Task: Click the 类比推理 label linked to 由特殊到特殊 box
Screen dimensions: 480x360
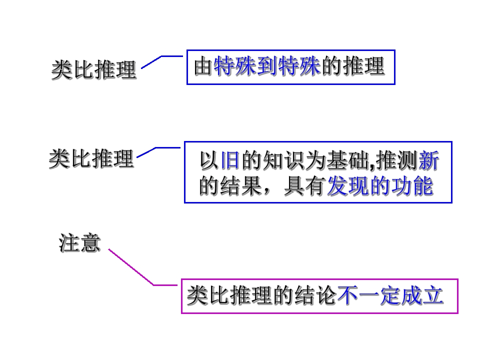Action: [x=93, y=69]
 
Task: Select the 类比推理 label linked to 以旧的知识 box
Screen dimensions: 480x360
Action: [x=91, y=158]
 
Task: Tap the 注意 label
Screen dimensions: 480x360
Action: [x=79, y=243]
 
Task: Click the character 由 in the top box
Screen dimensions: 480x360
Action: [x=203, y=66]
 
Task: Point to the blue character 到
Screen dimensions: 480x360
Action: [x=267, y=66]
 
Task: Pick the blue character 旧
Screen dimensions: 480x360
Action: [x=230, y=160]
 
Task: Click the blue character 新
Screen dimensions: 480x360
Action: [x=429, y=160]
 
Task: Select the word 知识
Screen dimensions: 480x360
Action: [x=273, y=160]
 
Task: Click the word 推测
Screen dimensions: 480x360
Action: [x=396, y=160]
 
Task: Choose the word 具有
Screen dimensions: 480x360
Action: [x=304, y=186]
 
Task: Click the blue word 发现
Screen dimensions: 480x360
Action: [x=348, y=186]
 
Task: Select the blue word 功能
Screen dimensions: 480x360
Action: [x=412, y=186]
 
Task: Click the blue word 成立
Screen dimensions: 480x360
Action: [x=423, y=295]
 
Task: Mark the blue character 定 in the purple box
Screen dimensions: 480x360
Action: [x=390, y=295]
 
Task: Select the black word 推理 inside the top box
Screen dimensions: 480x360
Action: [x=364, y=66]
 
